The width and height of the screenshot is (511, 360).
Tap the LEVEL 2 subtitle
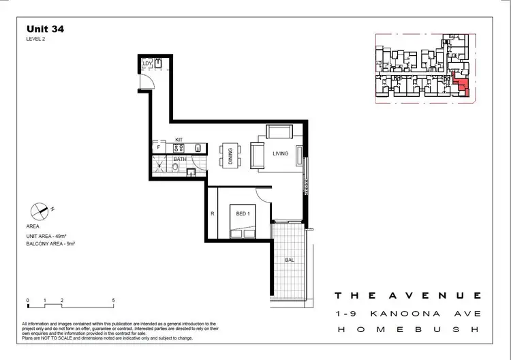[x=35, y=40]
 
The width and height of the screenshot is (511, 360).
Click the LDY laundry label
[x=146, y=64]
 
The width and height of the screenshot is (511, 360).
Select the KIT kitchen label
[x=179, y=139]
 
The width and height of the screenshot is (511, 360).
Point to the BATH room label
[x=179, y=159]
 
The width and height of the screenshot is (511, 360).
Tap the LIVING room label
[x=281, y=153]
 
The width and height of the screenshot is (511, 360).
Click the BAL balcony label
[x=289, y=260]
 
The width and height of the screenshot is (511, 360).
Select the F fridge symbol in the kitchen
[x=158, y=147]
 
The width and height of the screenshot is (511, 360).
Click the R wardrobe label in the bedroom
[x=213, y=214]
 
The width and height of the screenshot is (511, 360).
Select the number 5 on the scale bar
[x=113, y=300]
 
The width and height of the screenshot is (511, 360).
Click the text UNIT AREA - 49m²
[x=50, y=235]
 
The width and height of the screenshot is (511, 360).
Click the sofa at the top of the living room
[x=279, y=132]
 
